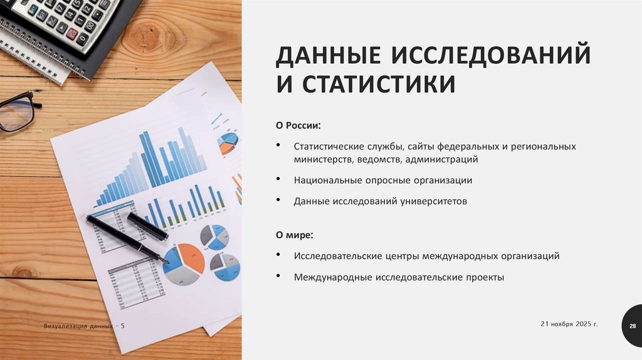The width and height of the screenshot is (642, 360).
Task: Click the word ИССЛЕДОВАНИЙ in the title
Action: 492,55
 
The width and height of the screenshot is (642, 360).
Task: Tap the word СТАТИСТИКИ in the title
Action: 379,84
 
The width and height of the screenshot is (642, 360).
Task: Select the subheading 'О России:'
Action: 298,125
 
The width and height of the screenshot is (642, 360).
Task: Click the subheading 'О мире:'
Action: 295,235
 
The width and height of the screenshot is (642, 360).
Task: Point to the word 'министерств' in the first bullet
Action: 324,159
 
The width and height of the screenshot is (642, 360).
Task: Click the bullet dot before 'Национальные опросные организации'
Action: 278,180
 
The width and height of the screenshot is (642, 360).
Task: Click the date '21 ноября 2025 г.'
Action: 569,324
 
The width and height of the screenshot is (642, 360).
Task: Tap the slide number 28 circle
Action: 632,326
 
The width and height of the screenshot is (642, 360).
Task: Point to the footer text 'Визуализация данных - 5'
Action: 84,326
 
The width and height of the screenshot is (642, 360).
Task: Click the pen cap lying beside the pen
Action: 147,226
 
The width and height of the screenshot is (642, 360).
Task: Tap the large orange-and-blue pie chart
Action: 184,263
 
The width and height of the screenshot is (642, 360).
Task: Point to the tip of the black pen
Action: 166,260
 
